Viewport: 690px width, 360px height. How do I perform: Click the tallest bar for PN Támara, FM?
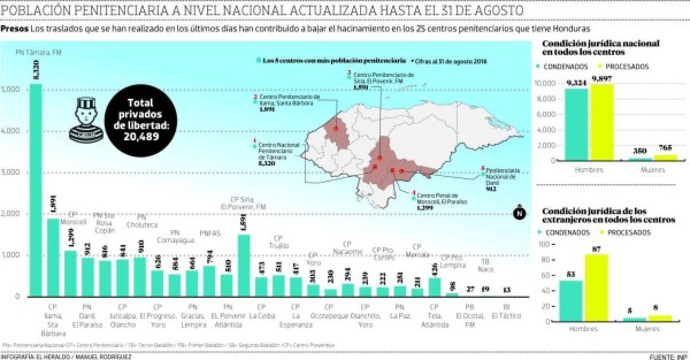click(36, 190)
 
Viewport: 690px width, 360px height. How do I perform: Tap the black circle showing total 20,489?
click(138, 122)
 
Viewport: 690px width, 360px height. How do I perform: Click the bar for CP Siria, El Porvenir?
click(244, 265)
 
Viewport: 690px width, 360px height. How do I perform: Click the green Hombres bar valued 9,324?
click(576, 124)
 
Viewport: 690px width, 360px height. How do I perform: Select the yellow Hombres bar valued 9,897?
click(601, 122)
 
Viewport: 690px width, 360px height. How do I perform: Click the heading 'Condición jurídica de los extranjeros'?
click(608, 215)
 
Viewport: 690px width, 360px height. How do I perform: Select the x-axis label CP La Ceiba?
click(262, 311)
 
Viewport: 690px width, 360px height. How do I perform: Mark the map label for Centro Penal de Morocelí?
click(440, 199)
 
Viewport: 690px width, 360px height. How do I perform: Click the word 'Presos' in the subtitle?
click(14, 29)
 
